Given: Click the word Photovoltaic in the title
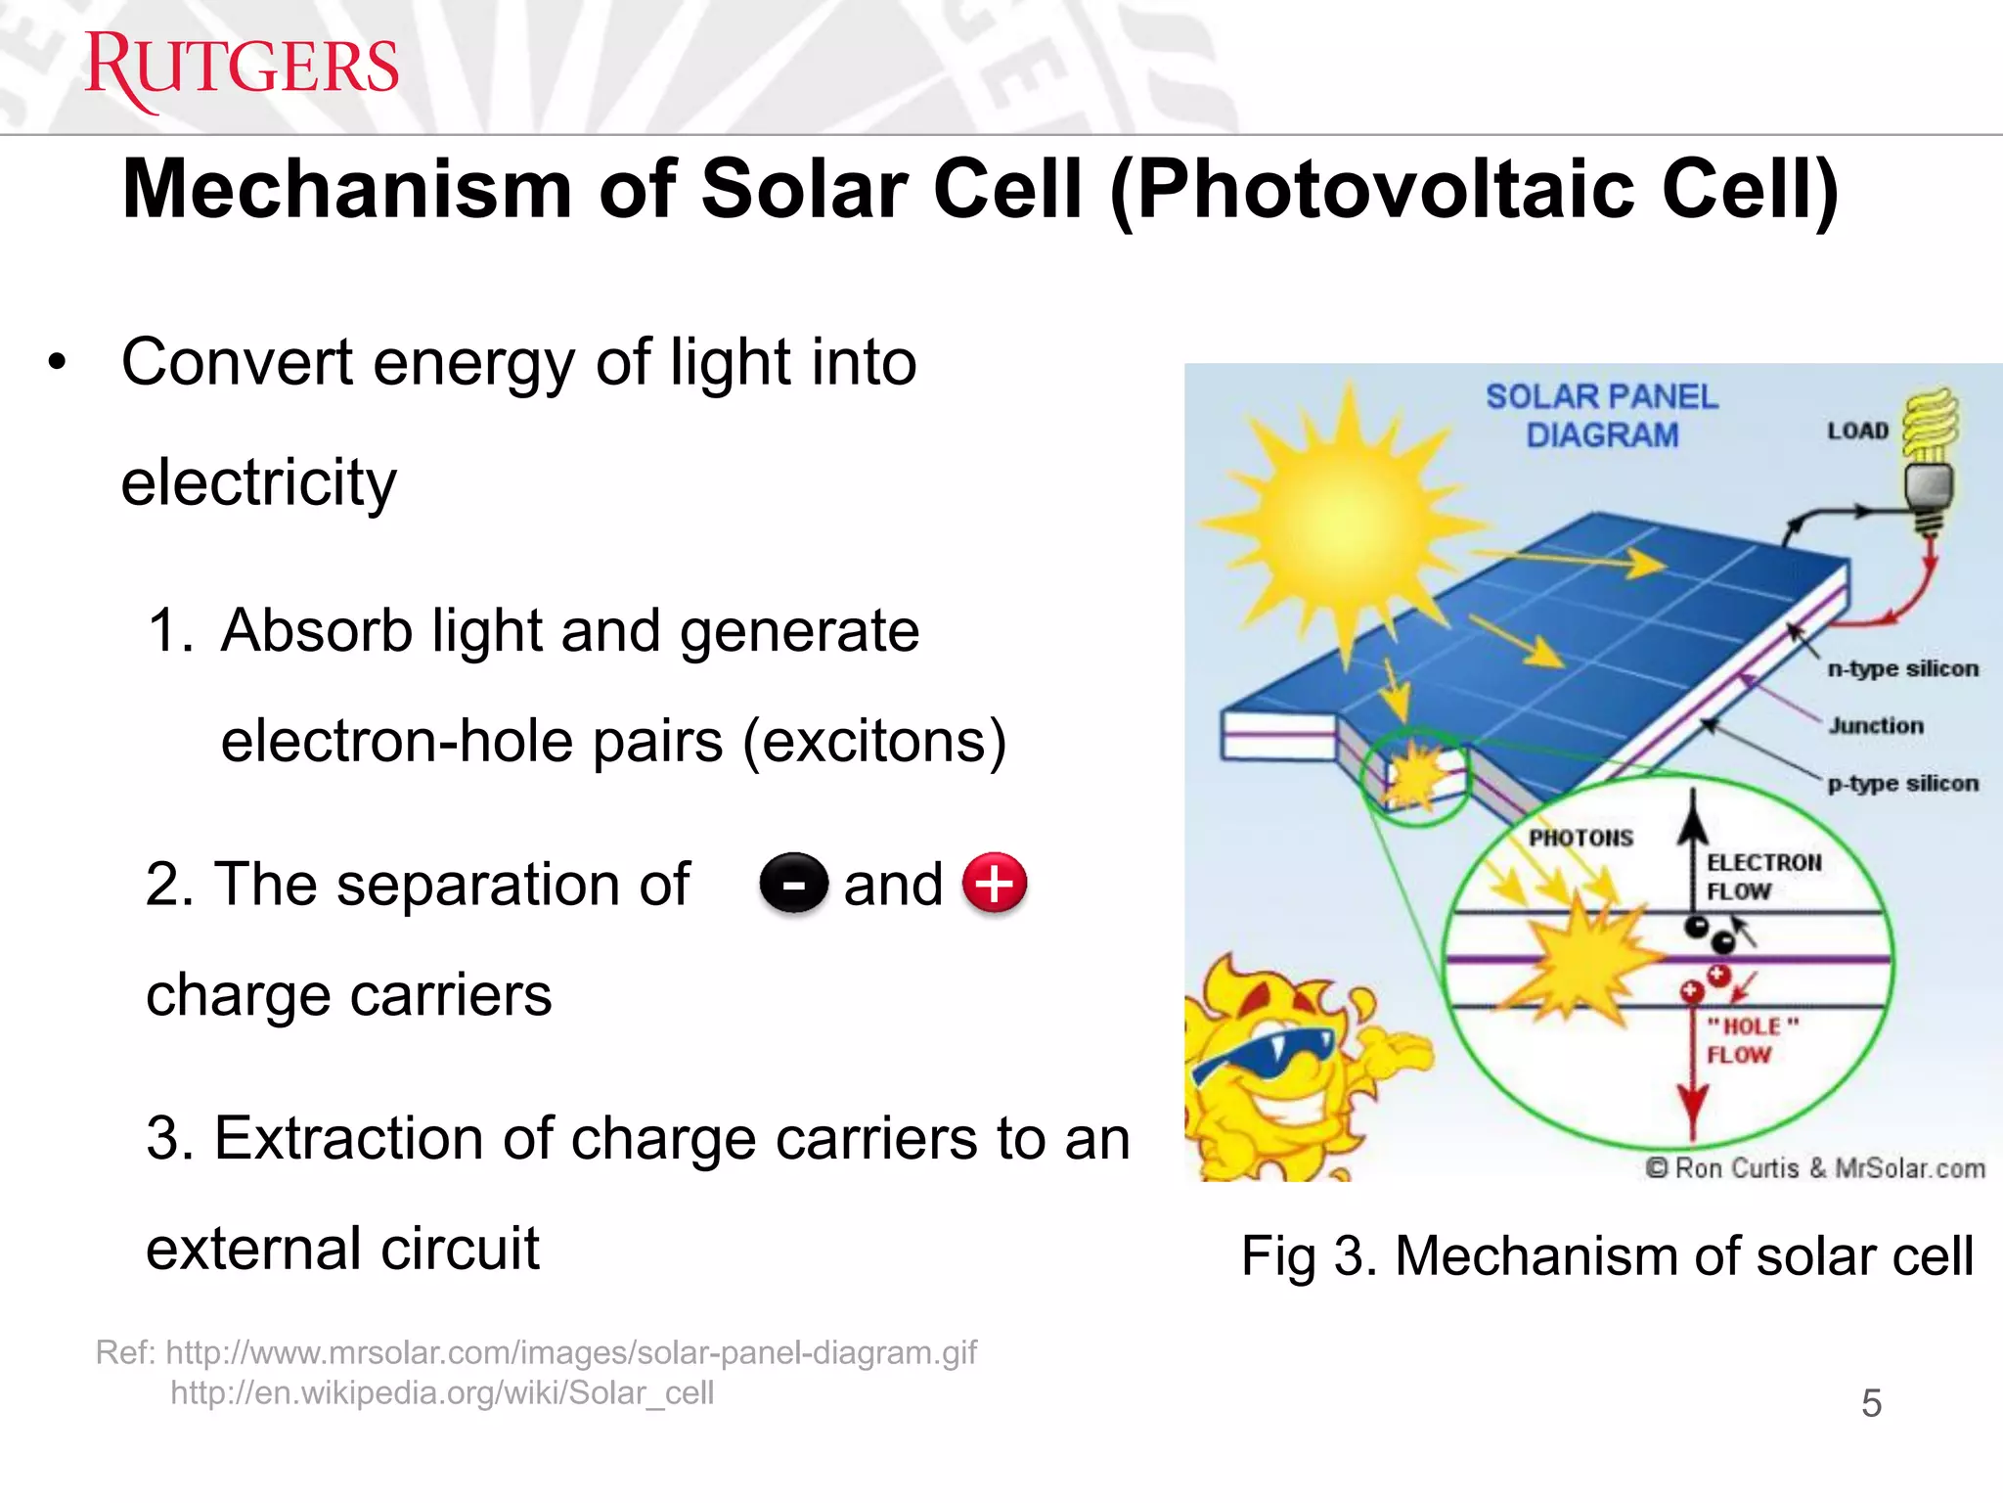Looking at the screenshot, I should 1387,189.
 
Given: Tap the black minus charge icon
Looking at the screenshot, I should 794,884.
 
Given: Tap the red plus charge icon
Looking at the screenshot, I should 995,883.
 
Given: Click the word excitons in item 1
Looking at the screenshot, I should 873,741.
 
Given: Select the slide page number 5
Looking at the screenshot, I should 1871,1403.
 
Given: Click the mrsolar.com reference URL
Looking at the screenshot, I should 571,1352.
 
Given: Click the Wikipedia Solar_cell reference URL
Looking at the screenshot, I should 442,1392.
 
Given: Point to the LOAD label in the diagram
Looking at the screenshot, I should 1857,431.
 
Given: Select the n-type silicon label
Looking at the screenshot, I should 1902,668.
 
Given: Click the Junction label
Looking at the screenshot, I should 1876,726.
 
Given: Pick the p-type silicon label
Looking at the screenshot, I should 1902,783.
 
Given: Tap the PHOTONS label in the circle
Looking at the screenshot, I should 1580,838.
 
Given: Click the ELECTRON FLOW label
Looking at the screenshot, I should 1762,876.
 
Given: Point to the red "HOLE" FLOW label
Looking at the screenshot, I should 1751,1040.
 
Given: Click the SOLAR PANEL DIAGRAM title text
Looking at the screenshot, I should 1601,415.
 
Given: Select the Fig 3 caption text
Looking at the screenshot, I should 1606,1255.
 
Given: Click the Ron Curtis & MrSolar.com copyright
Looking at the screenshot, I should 1815,1168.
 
